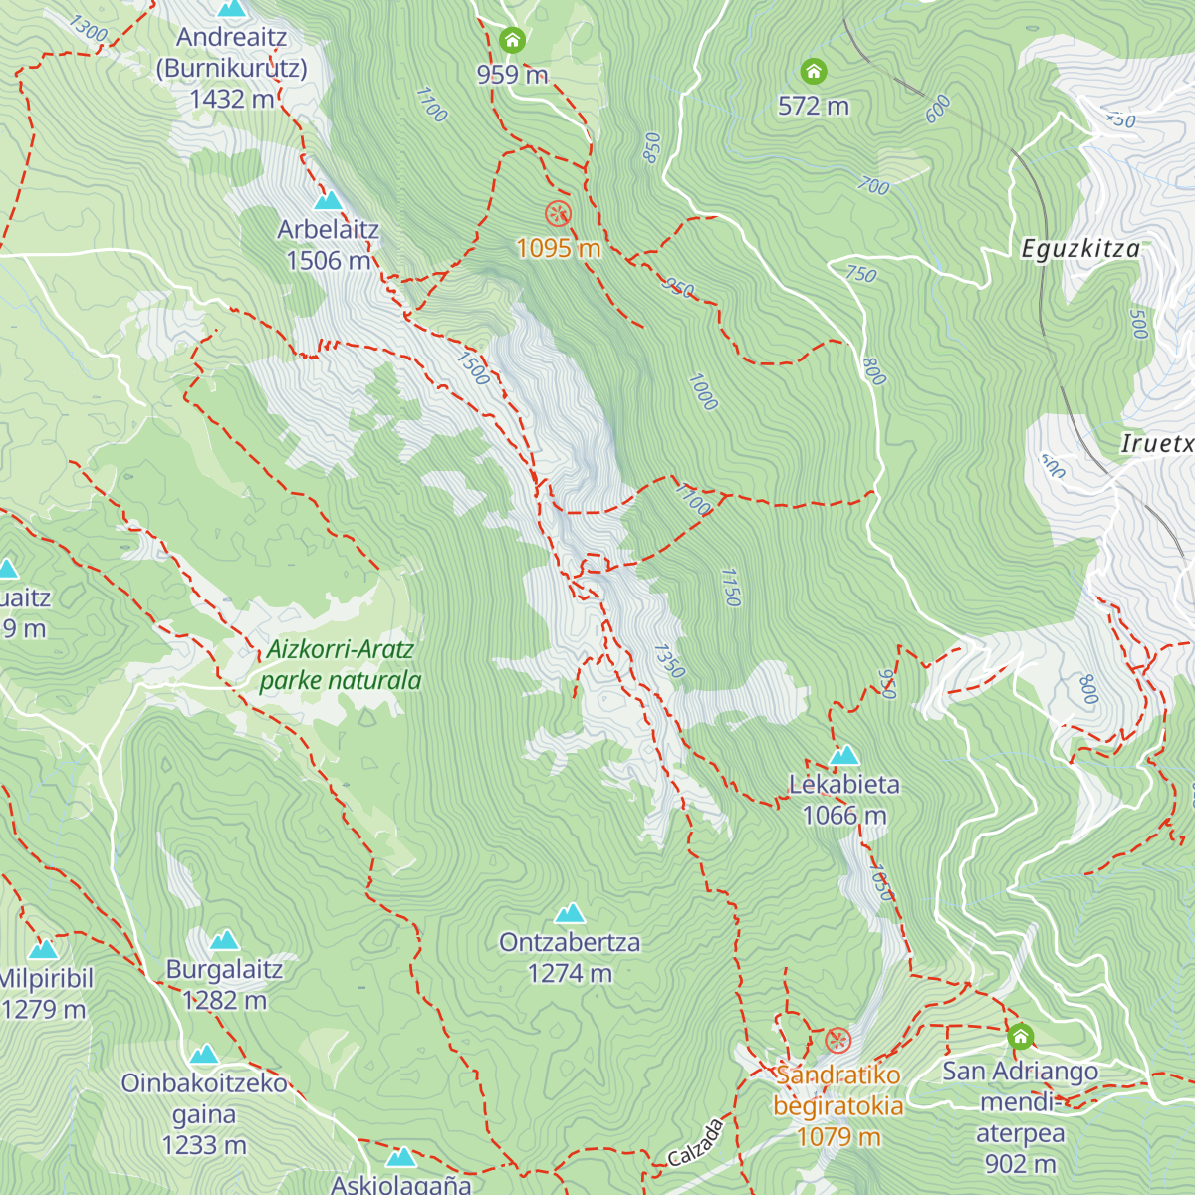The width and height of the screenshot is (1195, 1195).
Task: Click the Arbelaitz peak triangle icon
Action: click(x=328, y=200)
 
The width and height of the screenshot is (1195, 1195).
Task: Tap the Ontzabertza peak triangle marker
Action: click(x=570, y=913)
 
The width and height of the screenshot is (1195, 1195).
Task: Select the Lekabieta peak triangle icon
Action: click(x=844, y=755)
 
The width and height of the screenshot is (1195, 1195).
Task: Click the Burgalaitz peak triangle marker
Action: click(x=225, y=940)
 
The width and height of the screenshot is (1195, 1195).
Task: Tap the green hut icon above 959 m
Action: click(x=512, y=41)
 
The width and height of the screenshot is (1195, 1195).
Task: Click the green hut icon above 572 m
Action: click(x=814, y=72)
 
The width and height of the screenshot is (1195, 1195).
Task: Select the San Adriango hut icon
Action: click(x=1020, y=1037)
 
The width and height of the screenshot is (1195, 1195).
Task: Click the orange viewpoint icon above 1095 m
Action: click(x=558, y=213)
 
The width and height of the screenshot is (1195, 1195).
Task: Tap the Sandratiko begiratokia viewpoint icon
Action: click(x=838, y=1042)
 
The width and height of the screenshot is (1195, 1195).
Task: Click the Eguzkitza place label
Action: click(x=1080, y=249)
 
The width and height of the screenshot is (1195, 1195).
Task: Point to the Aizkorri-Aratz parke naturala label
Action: click(x=341, y=665)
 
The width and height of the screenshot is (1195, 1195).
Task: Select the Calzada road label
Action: click(x=695, y=1143)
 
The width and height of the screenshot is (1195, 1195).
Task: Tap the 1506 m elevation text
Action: click(x=329, y=261)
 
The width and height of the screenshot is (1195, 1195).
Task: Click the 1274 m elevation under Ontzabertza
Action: click(x=570, y=974)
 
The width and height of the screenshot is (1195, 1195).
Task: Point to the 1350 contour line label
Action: click(x=669, y=661)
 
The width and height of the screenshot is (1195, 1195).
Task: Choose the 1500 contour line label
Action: click(x=474, y=368)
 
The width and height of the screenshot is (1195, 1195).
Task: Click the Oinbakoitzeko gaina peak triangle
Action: click(x=204, y=1055)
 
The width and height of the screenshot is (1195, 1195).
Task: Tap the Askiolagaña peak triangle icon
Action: click(x=400, y=1157)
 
